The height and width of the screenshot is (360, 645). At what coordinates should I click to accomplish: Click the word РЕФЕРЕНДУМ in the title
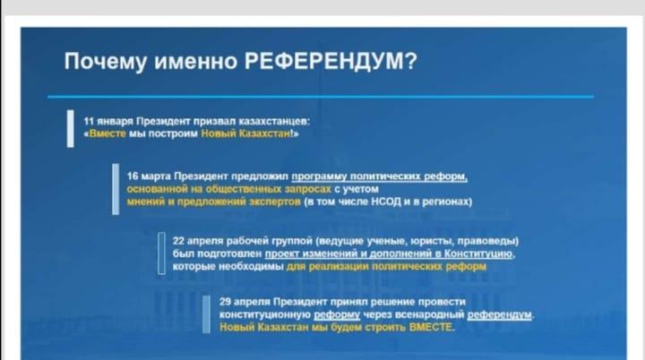[x=325, y=61]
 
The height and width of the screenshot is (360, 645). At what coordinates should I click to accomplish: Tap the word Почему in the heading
[x=106, y=62]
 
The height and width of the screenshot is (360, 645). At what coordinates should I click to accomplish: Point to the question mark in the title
[x=411, y=61]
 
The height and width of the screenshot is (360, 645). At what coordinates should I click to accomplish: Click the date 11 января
[x=108, y=122]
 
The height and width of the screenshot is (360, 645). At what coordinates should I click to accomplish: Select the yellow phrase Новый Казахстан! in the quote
[x=247, y=133]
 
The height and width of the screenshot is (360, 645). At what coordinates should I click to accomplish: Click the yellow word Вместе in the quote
[x=107, y=133]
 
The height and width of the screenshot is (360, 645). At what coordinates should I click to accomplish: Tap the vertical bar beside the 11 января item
[x=71, y=128]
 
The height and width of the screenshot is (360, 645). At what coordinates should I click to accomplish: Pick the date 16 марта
[x=149, y=176]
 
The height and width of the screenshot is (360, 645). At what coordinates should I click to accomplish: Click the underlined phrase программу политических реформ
[x=379, y=176]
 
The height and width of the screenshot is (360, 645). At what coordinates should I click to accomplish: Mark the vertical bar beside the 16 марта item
[x=116, y=189]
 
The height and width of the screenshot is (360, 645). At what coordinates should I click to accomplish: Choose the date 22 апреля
[x=198, y=241]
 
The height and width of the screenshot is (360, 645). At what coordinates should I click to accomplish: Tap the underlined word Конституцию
[x=479, y=253]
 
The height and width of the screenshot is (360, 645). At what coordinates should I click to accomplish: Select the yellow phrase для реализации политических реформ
[x=386, y=267]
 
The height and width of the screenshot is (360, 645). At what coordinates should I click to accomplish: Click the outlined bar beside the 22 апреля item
[x=161, y=253]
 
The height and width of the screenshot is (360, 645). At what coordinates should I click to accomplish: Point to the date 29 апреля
[x=245, y=302]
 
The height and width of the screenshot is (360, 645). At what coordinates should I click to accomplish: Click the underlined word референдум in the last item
[x=499, y=314]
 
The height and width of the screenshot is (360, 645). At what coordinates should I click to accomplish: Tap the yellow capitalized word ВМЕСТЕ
[x=430, y=328]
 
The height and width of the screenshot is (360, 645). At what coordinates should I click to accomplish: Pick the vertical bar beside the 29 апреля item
[x=206, y=314]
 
